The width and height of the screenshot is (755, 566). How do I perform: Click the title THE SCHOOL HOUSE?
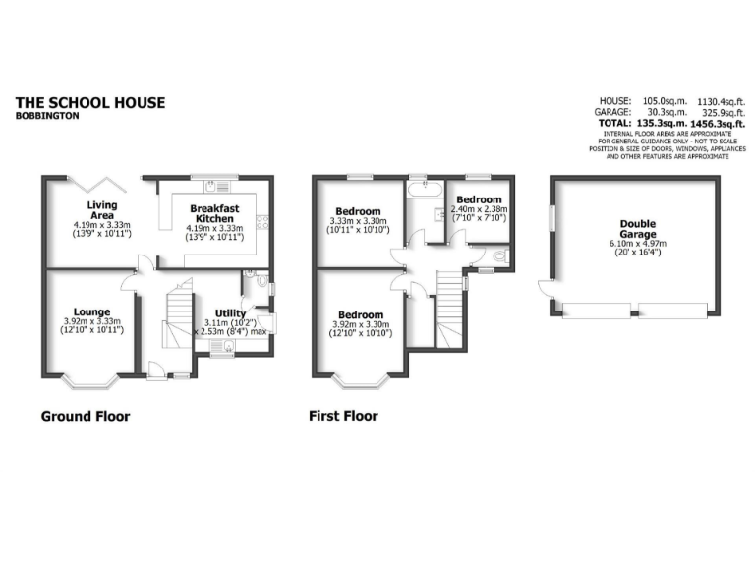(90, 102)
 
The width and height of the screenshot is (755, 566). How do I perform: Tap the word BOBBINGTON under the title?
(47, 116)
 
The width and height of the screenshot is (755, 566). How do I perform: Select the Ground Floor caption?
(85, 416)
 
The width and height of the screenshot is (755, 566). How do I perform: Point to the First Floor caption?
(343, 416)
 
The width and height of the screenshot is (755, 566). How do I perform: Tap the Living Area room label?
(102, 210)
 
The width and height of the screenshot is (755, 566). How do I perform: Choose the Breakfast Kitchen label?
(214, 214)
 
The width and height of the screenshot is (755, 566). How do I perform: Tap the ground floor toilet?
(250, 276)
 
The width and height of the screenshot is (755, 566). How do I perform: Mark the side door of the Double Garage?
(545, 288)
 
